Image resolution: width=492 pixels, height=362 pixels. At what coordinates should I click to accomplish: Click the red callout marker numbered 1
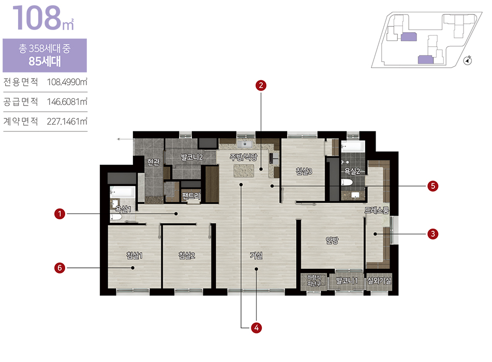pos(59,214)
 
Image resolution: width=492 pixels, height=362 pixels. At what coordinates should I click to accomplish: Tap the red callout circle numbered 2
pos(261,85)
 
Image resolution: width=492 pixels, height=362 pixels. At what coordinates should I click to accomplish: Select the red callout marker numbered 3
pos(433,234)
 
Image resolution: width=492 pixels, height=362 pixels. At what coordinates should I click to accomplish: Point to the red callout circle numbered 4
pos(257,328)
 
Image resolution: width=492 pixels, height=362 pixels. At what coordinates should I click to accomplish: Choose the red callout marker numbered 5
pos(433,186)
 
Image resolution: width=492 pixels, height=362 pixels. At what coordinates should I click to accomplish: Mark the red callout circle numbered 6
pos(59,268)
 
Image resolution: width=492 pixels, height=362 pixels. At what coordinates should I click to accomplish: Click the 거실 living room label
pos(256,255)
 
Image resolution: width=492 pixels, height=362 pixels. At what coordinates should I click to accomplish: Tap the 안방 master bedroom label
pos(332,240)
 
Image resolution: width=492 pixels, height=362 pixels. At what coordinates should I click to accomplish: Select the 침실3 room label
pos(304,171)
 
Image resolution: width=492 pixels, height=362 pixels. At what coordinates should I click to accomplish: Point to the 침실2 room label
pos(187,255)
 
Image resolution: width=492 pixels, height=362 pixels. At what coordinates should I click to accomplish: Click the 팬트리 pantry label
pos(191,196)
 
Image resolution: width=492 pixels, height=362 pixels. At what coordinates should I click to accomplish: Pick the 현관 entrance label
pos(154,162)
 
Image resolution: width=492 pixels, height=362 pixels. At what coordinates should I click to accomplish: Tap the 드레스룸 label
pos(377,210)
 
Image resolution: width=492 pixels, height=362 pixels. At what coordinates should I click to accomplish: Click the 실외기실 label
pos(379,280)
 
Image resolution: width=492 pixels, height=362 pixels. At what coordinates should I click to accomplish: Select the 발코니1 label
pos(347,280)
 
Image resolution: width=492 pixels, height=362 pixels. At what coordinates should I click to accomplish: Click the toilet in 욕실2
pos(347,183)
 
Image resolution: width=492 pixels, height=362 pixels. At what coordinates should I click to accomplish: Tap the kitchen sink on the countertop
pos(244,144)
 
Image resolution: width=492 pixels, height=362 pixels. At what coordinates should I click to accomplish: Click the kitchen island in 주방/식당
pos(244,171)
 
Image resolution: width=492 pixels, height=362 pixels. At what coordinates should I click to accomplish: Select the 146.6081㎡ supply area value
pos(67,102)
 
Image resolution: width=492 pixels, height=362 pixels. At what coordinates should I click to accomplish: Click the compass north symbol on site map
pos(468,60)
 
